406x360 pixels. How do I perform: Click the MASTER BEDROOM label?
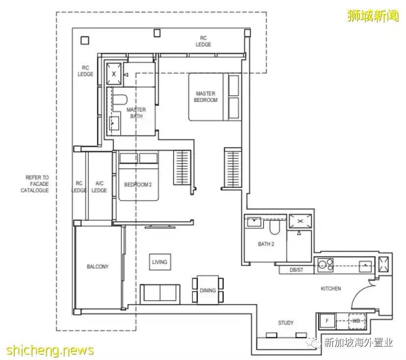206,97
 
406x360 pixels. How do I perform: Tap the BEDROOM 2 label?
138,184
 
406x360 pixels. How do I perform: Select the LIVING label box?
160,262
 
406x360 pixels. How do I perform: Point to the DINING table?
208,290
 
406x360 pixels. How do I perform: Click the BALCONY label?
98,266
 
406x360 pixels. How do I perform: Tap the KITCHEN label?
331,288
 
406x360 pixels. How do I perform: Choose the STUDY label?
286,323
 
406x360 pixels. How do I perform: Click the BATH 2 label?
266,244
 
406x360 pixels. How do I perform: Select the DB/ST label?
297,270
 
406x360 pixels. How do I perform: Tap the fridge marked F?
327,321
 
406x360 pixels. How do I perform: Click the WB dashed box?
356,321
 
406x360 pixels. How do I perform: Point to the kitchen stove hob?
325,264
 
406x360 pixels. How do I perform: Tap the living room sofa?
160,294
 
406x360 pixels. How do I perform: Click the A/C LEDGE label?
99,187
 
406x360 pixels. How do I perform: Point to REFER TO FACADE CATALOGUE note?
35,184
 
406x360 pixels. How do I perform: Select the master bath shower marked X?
114,74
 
